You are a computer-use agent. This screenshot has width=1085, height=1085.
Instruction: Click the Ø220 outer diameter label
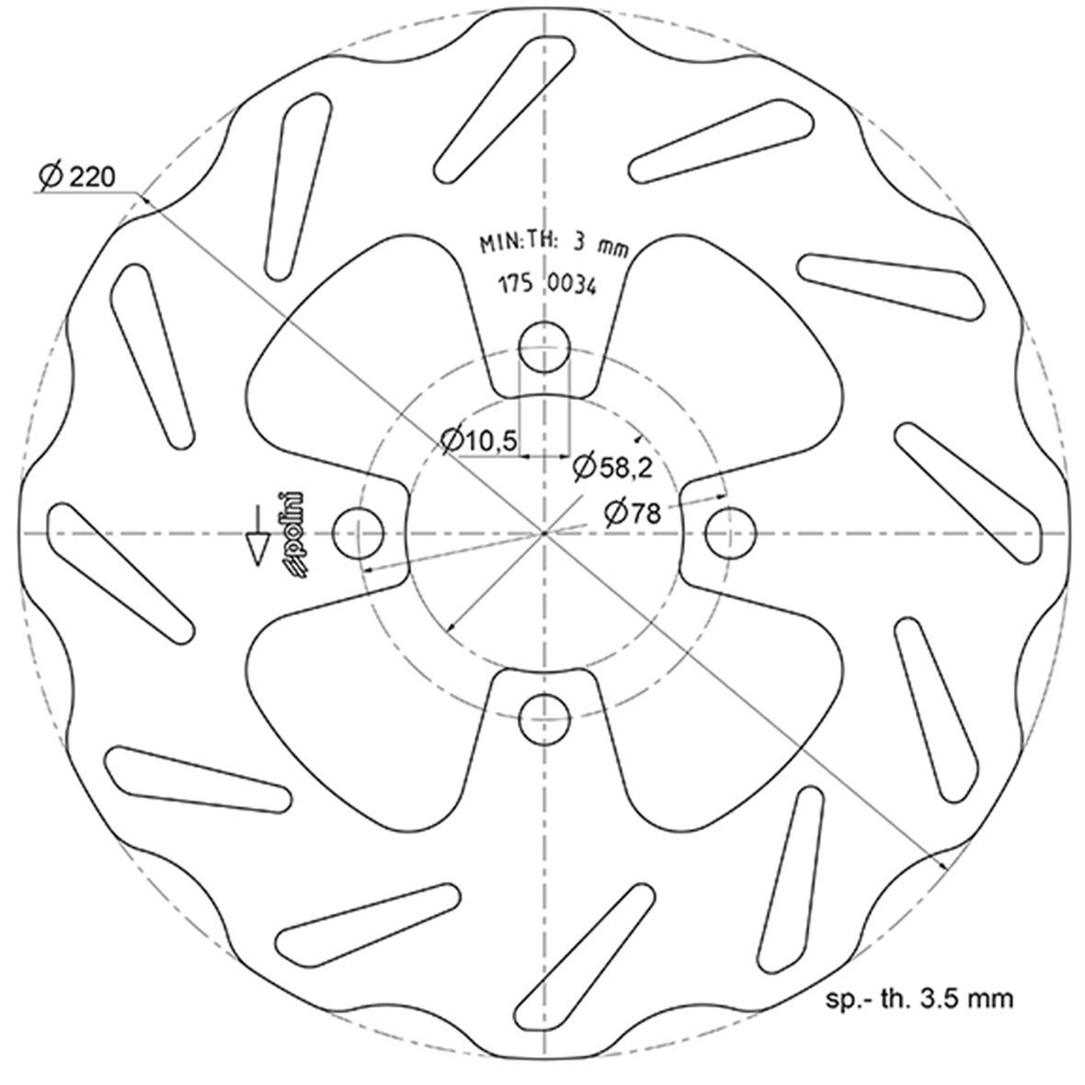pyautogui.click(x=78, y=175)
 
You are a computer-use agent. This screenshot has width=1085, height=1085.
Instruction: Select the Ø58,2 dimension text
pyautogui.click(x=611, y=468)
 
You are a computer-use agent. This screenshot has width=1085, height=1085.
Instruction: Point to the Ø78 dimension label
pyautogui.click(x=633, y=512)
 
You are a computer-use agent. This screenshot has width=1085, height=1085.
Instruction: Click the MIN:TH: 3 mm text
pyautogui.click(x=550, y=244)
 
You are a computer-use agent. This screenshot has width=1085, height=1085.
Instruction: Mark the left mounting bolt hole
pyautogui.click(x=359, y=533)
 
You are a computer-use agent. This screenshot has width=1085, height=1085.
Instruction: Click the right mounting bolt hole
pyautogui.click(x=730, y=533)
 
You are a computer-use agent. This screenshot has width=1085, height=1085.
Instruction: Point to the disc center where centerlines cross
pyautogui.click(x=544, y=533)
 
